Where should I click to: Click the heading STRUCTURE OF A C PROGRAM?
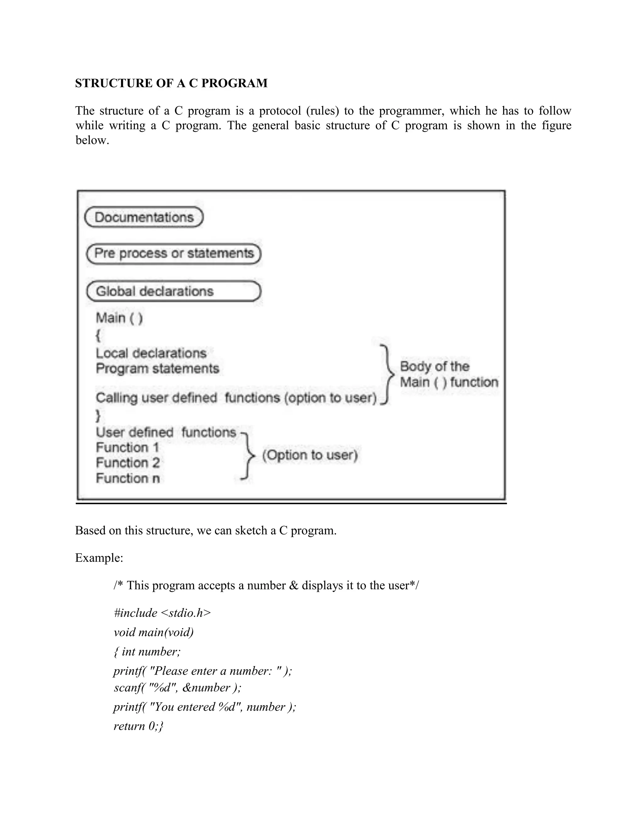click(171, 83)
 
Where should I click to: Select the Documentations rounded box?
click(144, 218)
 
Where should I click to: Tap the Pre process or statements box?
click(174, 254)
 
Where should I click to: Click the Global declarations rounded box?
click(174, 291)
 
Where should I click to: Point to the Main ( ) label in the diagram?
click(119, 318)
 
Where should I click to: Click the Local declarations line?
click(151, 353)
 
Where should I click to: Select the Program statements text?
click(157, 369)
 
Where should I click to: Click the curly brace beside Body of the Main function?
click(388, 374)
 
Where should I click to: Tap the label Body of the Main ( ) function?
click(449, 374)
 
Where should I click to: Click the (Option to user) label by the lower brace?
click(310, 455)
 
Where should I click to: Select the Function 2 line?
click(127, 463)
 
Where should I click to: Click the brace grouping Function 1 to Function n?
click(248, 455)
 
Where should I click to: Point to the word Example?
click(99, 558)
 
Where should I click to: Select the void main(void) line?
click(153, 632)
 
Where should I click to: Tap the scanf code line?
click(177, 687)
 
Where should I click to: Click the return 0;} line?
click(138, 726)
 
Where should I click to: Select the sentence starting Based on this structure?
click(206, 531)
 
